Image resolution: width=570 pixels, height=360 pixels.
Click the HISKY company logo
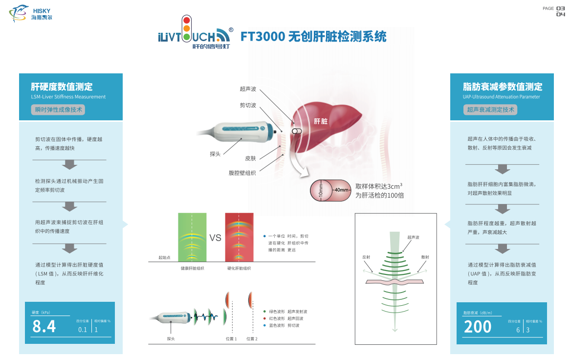pos(30,14)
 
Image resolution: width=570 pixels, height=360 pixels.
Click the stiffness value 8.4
pos(44,326)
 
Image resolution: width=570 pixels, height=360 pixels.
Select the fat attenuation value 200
pos(478,327)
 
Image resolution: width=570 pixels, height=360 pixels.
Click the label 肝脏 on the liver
pos(321,121)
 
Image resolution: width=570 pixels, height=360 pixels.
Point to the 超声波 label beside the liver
pos(248,89)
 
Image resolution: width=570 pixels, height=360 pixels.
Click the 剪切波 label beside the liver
pos(248,105)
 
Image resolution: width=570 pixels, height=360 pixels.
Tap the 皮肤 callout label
pos(250,158)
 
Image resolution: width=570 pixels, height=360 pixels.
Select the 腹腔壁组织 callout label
pos(242,173)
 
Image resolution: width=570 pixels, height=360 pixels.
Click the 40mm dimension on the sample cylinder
pos(341,190)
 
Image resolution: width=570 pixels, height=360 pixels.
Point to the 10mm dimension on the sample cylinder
pos(321,190)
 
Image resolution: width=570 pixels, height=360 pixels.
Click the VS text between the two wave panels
pos(215,238)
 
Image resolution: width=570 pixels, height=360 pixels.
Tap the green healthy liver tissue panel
pos(192,238)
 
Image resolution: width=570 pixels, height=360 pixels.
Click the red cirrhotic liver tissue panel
pos(239,238)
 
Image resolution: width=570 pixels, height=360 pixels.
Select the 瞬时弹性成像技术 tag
pos(58,110)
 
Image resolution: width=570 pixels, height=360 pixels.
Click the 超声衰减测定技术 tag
pos(490,110)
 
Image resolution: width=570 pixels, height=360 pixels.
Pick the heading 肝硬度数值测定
pos(62,87)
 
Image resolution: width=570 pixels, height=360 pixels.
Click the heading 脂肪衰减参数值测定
pos(503,87)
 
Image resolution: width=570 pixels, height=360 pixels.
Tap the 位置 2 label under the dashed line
pos(252,338)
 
